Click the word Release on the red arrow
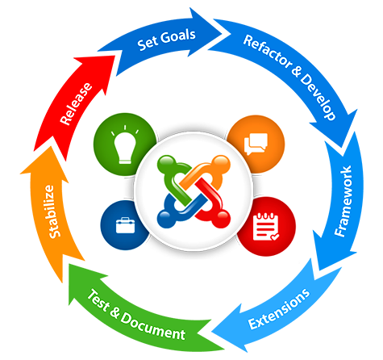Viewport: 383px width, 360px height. pos(76,104)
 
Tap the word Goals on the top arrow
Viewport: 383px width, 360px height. pos(178,37)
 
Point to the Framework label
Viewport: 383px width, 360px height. pos(343,201)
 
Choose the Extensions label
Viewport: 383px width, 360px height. pos(279,309)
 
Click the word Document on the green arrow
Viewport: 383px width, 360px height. pos(153,326)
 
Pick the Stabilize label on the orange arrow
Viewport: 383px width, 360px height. pos(52,211)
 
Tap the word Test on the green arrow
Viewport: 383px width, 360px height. pos(98,299)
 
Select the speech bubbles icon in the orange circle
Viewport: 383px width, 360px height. pos(256,144)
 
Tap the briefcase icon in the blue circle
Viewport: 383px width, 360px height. pos(125,225)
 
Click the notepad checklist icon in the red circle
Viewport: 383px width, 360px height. pos(265,226)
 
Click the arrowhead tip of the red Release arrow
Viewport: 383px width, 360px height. pos(115,56)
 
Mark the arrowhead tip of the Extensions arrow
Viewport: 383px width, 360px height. pos(212,332)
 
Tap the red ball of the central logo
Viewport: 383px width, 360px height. pos(222,219)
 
